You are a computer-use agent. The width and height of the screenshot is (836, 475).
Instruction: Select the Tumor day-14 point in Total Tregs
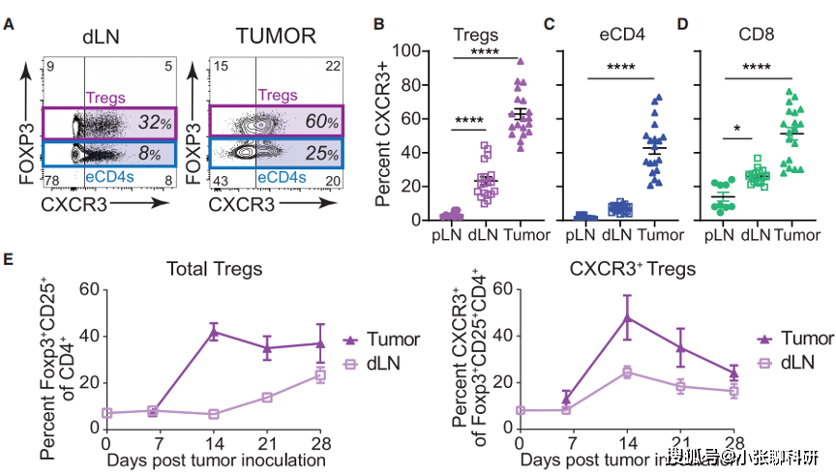214,332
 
